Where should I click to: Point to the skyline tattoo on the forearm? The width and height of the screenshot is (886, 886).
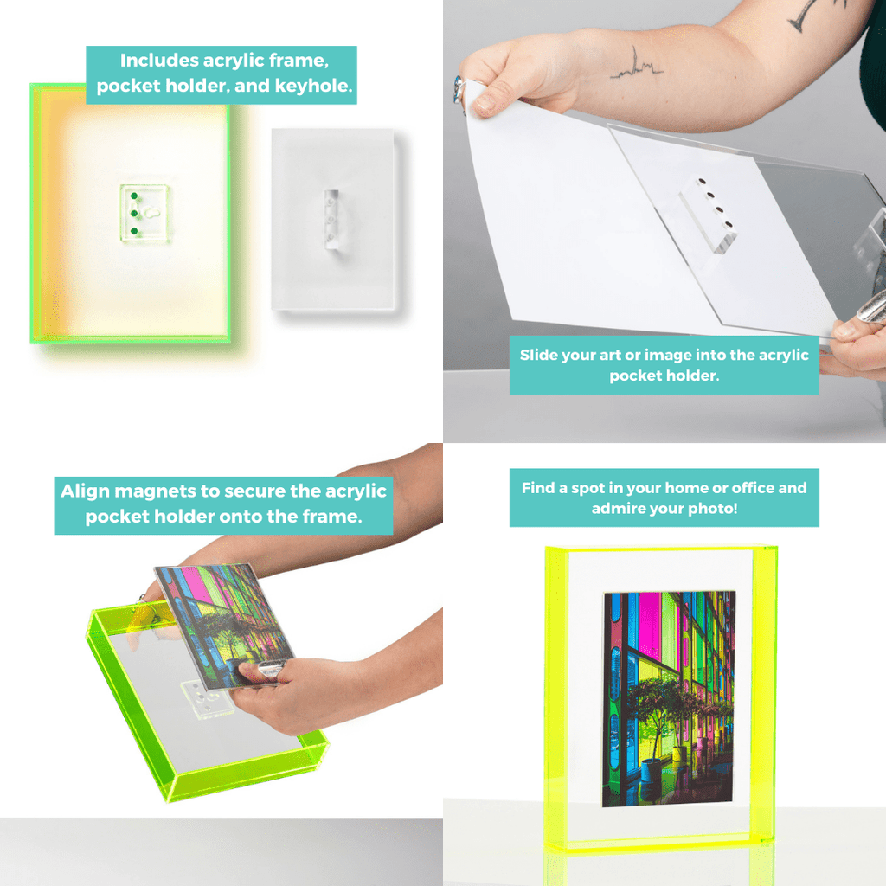click(636, 67)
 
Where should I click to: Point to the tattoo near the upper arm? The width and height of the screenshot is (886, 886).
click(813, 10)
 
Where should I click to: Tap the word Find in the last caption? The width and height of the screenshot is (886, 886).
click(538, 488)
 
